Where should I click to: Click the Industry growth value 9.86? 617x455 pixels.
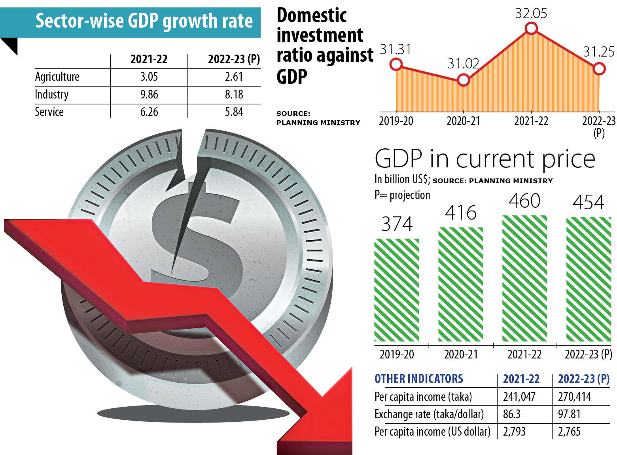tap(149, 95)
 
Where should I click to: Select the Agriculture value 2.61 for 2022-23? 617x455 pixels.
tap(234, 76)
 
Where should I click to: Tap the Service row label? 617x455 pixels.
tap(49, 112)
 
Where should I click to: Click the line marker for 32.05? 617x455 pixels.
tap(531, 28)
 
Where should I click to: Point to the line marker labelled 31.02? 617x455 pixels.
tap(463, 80)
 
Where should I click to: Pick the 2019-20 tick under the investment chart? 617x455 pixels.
tap(396, 121)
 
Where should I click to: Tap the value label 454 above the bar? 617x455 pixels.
tap(589, 203)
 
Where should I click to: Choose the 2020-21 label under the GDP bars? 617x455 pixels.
tap(461, 354)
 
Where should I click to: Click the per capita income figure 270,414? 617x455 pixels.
tap(574, 396)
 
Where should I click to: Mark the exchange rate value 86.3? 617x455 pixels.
tap(512, 414)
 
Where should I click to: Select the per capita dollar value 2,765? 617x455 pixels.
tap(569, 431)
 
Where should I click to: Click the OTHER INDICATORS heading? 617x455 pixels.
tap(418, 379)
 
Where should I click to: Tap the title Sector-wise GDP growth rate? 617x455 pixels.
tap(144, 21)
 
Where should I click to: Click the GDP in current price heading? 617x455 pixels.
tap(485, 159)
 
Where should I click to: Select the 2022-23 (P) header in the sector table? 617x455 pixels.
tap(234, 59)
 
